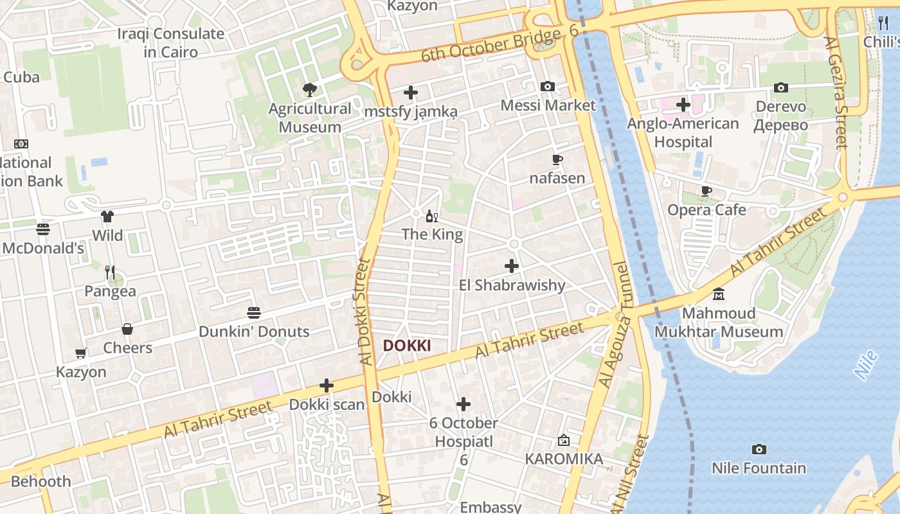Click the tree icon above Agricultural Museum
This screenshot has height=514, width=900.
pyautogui.click(x=310, y=89)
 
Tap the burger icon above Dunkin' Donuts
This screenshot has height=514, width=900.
pyautogui.click(x=254, y=313)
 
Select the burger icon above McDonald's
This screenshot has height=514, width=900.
pyautogui.click(x=43, y=229)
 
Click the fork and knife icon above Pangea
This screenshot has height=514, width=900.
pyautogui.click(x=110, y=272)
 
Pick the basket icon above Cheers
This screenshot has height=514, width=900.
pyautogui.click(x=127, y=329)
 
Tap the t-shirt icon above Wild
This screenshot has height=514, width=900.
pyautogui.click(x=107, y=217)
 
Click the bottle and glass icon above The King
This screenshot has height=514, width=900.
pyautogui.click(x=432, y=216)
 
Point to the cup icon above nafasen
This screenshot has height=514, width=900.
pyautogui.click(x=557, y=159)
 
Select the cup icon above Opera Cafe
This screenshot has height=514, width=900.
pyautogui.click(x=706, y=191)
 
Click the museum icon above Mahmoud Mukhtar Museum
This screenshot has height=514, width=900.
pyautogui.click(x=719, y=294)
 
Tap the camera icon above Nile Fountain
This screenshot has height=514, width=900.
pyautogui.click(x=759, y=449)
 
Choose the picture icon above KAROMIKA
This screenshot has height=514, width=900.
pyautogui.click(x=564, y=440)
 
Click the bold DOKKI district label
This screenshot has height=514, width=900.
pyautogui.click(x=407, y=346)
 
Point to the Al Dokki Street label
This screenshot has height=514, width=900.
pyautogui.click(x=364, y=312)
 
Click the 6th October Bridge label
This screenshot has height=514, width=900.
pyautogui.click(x=492, y=47)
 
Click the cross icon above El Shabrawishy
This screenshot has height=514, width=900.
pyautogui.click(x=512, y=265)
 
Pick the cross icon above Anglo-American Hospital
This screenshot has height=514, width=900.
pyautogui.click(x=683, y=104)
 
